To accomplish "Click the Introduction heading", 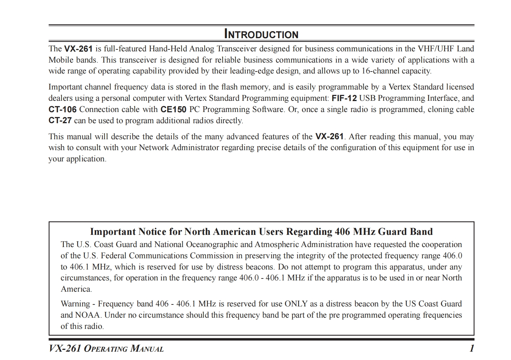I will click(261, 34).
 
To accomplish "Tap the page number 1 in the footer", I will click(472, 348).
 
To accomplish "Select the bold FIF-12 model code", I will click(344, 98).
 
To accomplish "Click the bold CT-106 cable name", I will click(63, 109).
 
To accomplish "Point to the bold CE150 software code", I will click(173, 109).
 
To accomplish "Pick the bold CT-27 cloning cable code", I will click(60, 121).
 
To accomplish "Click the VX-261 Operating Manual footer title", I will click(106, 348).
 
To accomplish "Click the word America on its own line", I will click(76, 289).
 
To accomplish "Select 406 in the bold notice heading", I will click(342, 232).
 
